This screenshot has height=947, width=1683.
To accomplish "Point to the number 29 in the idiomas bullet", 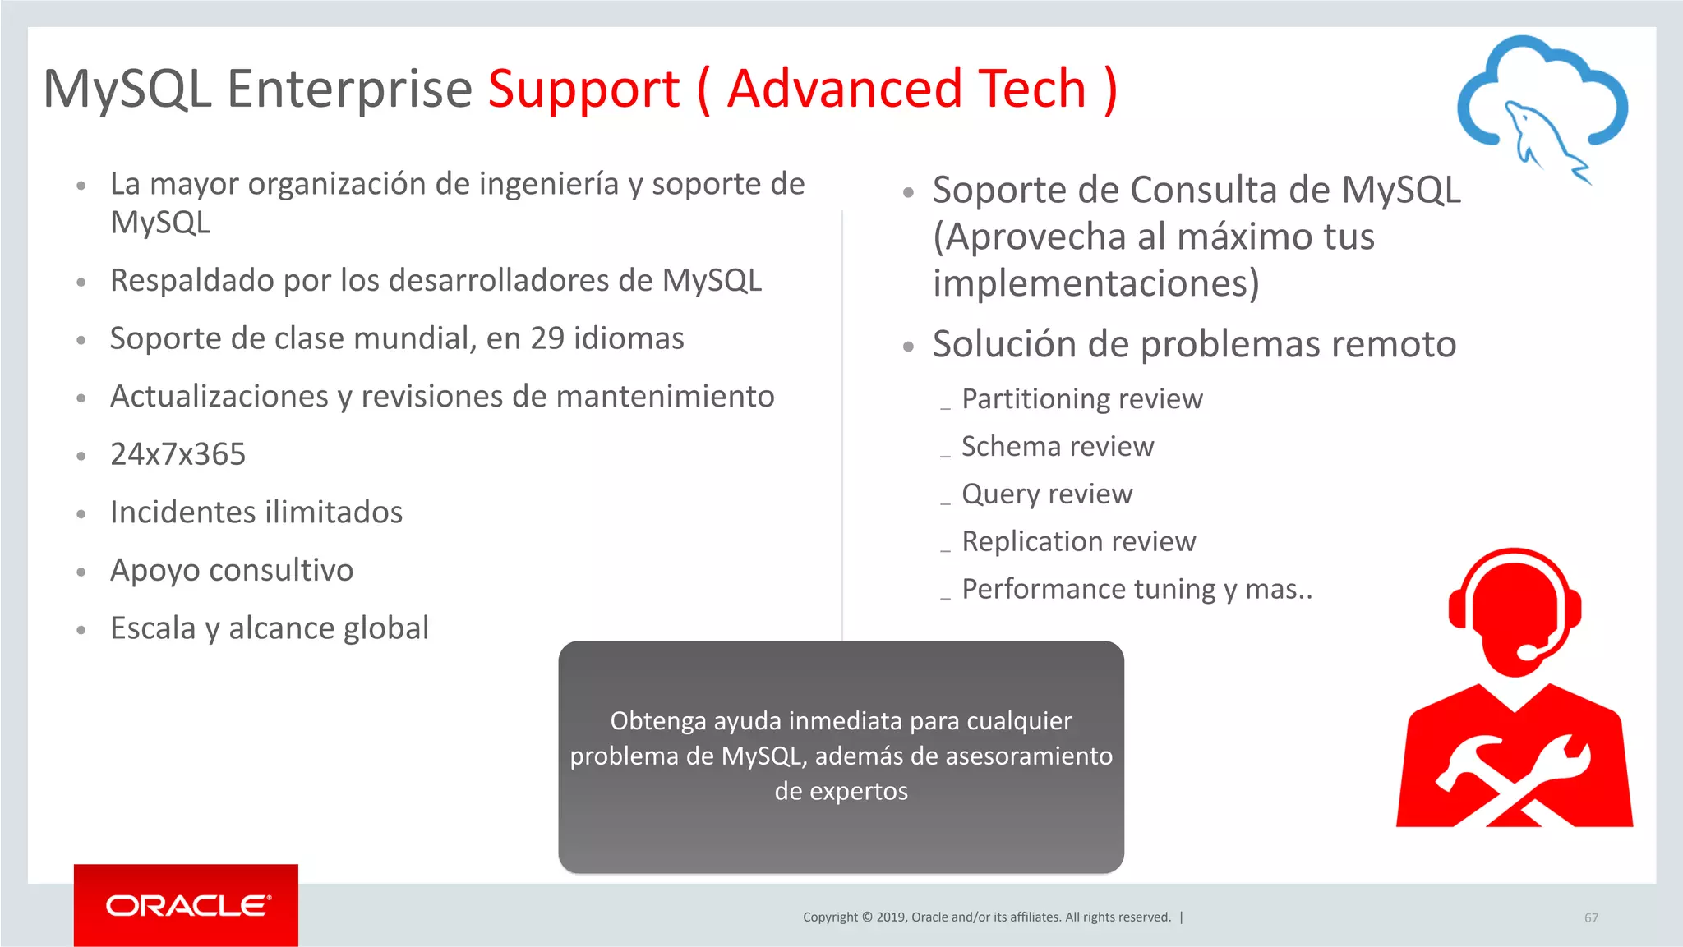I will [x=546, y=338].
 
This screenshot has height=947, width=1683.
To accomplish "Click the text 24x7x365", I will [x=178, y=454].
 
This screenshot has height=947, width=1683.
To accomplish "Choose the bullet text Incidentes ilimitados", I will [x=256, y=513].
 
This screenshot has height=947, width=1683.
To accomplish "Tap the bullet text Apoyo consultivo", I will [x=232, y=570].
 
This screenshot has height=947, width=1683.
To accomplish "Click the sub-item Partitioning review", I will [x=1081, y=399].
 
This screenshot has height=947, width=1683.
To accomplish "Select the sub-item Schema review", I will [x=1058, y=447].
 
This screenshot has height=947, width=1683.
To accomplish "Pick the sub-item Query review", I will [x=1047, y=494].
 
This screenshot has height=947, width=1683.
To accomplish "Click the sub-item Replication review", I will [x=1078, y=542].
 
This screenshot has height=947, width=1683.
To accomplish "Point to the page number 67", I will [x=1591, y=917].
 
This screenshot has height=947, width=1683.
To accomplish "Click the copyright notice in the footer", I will [x=986, y=917].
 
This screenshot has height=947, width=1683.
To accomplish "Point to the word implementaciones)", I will [x=1095, y=283].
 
